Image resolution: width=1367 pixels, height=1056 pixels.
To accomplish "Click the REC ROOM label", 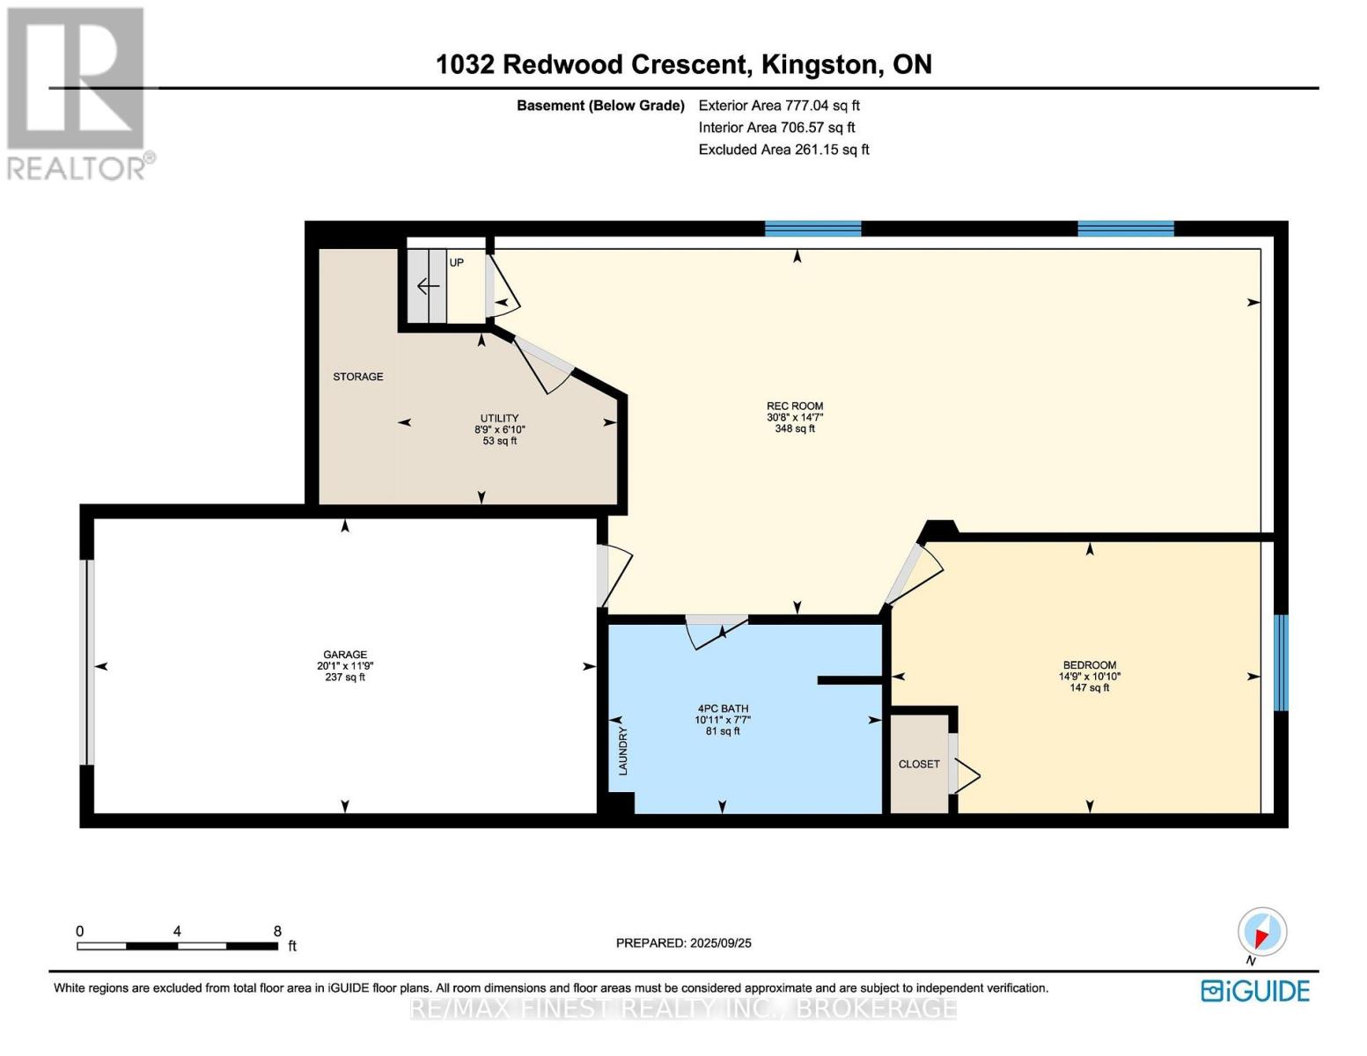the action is (795, 407).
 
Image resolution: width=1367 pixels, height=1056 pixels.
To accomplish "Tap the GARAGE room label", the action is (345, 655).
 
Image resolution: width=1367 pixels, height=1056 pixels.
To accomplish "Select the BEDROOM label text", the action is (1090, 665).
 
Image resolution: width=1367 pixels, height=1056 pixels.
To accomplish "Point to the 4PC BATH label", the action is (722, 708).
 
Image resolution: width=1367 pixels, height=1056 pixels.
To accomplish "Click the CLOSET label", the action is (919, 764).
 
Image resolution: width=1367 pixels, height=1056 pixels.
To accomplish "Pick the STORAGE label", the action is (358, 377).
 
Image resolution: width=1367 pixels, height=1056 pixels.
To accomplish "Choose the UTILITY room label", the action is (499, 418).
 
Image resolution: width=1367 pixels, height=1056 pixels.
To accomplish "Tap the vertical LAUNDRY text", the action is (623, 751).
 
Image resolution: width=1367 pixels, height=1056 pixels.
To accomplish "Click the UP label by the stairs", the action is (457, 262).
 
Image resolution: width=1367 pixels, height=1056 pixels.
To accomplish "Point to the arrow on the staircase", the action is (429, 287).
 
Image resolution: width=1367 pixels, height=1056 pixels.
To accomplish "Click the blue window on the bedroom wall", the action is (1281, 663).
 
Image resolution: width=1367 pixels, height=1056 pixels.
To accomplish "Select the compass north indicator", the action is (1261, 935).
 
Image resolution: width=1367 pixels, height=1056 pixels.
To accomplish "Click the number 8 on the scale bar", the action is (277, 931).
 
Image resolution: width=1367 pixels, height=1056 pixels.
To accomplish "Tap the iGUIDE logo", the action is (1256, 991).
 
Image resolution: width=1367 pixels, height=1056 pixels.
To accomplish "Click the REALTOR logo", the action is (77, 94).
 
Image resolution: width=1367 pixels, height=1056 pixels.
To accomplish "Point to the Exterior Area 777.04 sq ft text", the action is (779, 106).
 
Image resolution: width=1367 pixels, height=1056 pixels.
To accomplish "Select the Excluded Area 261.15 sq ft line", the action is (783, 150).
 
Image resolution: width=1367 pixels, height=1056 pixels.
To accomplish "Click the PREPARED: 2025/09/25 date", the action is (684, 942).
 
